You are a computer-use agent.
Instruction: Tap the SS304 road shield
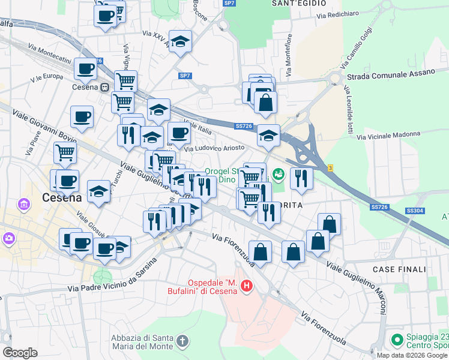(x=414, y=211)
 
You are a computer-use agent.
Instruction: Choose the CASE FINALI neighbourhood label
(x=397, y=270)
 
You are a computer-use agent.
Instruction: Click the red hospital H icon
(x=246, y=287)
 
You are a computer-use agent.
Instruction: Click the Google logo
(x=20, y=352)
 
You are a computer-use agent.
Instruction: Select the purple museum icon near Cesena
(x=25, y=205)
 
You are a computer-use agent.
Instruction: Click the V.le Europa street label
(x=48, y=77)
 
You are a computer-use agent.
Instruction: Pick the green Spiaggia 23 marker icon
(x=396, y=340)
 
